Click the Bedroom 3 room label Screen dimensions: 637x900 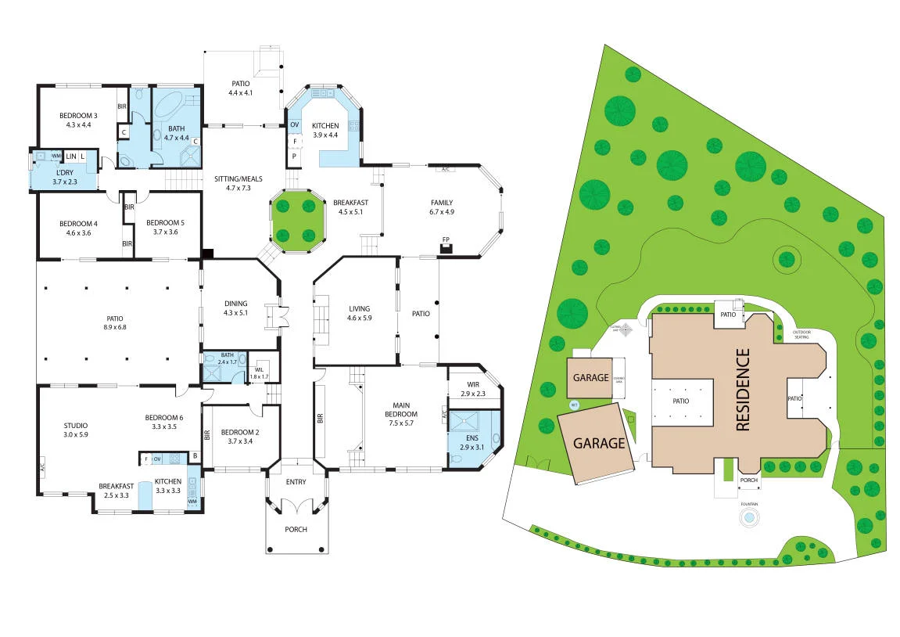[x=78, y=116]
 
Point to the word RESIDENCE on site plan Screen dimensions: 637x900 [x=743, y=389]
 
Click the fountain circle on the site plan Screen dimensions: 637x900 [x=750, y=517]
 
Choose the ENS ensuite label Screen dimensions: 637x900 [x=472, y=437]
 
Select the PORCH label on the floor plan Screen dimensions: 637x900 [x=296, y=530]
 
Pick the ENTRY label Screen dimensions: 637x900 [x=296, y=482]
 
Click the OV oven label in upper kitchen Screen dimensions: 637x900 [x=295, y=124]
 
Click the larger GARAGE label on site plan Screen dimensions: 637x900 [x=600, y=443]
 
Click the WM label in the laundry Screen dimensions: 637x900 [x=56, y=156]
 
